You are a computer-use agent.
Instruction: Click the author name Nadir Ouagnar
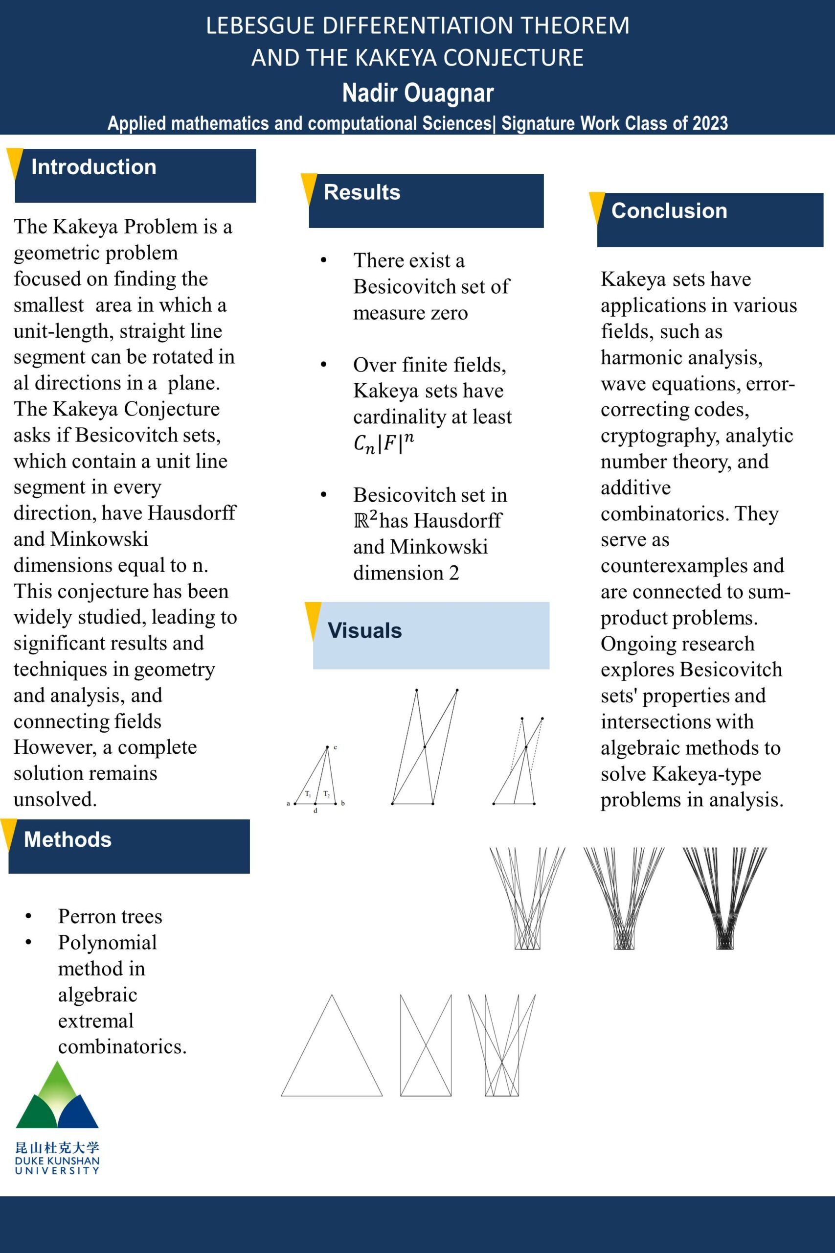click(x=418, y=93)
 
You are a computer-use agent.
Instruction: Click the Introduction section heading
click(x=94, y=167)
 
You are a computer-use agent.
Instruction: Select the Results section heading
click(x=361, y=192)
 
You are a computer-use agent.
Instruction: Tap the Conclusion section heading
click(x=669, y=211)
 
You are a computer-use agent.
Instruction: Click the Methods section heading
click(x=68, y=839)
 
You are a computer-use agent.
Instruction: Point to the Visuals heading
click(x=364, y=631)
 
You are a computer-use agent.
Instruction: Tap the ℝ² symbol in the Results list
click(x=365, y=520)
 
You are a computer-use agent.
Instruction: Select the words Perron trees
click(x=110, y=916)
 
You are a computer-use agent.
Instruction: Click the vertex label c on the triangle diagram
click(x=336, y=747)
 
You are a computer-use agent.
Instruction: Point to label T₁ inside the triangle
click(x=308, y=794)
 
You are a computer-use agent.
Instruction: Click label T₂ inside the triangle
click(x=326, y=794)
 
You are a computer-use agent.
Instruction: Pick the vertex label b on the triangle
click(x=343, y=803)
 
